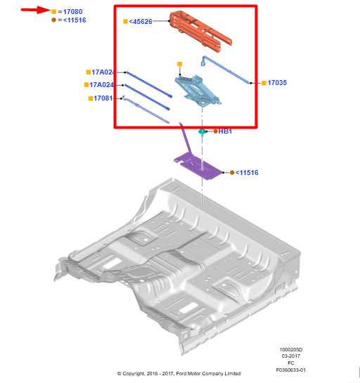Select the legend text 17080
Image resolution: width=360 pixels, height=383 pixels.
pos(72,12)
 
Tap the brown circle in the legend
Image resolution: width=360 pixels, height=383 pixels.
pos(54,20)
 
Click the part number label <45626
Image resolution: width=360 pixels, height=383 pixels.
pos(141,22)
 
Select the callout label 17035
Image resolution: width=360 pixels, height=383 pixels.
pos(277,83)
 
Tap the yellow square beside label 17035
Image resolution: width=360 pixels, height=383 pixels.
pos(263,83)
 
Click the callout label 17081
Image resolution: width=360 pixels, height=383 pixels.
pos(104,98)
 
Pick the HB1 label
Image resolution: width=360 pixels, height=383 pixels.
pos(225,131)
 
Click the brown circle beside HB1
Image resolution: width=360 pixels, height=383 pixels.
pos(215,131)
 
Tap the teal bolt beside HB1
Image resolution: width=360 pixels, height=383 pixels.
pos(202,131)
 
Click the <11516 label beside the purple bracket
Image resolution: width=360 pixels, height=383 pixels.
pos(247,172)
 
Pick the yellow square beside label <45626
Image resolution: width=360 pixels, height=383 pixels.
pos(125,22)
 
